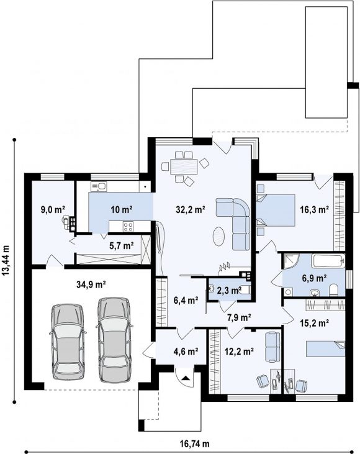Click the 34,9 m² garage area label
91,284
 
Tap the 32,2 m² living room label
191,209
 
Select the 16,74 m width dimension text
194,443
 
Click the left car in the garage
68,342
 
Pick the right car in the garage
114,340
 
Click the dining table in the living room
184,166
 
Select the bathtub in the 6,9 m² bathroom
328,261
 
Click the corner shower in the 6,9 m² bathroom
290,261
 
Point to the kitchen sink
99,186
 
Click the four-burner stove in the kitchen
128,227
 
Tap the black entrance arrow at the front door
185,378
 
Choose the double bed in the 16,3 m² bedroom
276,210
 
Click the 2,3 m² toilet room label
229,291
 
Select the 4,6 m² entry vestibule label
186,352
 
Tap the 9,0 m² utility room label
53,209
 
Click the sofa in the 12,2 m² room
272,347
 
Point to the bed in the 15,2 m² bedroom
326,348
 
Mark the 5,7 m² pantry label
121,246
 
